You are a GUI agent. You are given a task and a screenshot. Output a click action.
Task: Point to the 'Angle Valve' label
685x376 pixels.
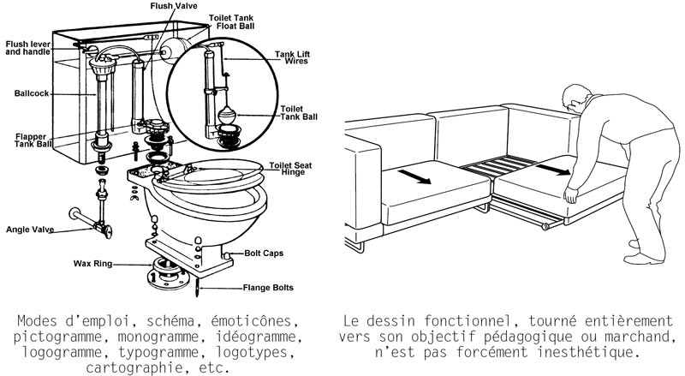click(30, 230)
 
